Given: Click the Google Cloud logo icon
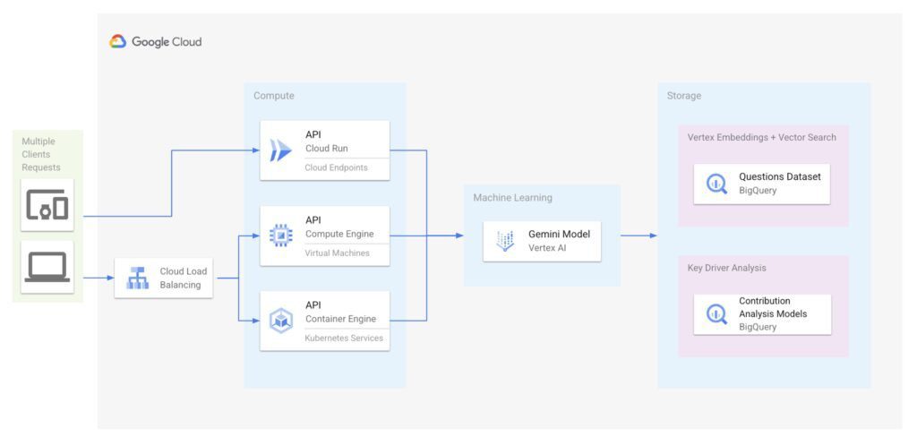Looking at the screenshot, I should point(118,41).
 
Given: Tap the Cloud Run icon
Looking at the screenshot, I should point(281,150).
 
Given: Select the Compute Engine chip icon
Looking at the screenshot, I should point(281,236).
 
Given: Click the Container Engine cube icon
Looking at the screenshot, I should point(281,320).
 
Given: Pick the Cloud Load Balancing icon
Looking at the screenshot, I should point(137,278).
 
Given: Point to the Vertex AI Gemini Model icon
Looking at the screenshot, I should point(506,241).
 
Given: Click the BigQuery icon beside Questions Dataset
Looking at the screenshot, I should point(716,184).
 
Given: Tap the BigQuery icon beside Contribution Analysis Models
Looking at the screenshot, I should point(716,313).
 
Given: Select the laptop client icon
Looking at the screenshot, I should point(47,267).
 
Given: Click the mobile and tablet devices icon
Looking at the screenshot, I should point(47,206).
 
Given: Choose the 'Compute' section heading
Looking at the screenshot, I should point(273,96).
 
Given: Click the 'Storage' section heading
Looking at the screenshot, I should point(684,96).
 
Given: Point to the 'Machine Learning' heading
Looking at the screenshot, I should point(513,198).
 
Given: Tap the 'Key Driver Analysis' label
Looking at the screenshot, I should point(726,268).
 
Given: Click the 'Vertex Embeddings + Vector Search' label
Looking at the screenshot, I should point(761,138).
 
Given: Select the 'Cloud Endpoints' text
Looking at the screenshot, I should point(336,167).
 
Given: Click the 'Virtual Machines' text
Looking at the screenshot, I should point(337,253).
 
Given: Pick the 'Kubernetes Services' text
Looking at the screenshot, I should point(344,338).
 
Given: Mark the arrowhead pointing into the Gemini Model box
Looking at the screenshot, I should point(459,236).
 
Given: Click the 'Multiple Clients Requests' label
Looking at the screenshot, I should point(41,154).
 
